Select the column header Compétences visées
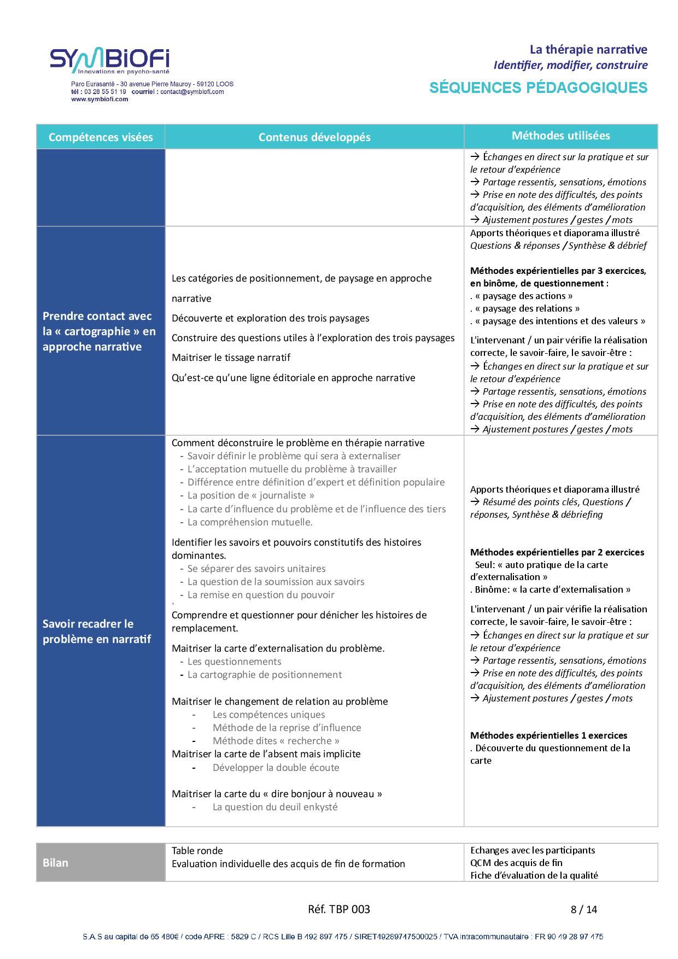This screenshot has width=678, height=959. click(x=101, y=137)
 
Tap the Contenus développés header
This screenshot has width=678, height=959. click(x=314, y=137)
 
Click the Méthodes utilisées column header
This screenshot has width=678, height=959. click(x=560, y=136)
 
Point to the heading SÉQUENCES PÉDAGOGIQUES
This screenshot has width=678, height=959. click(x=538, y=87)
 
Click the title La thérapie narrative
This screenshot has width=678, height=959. click(x=588, y=50)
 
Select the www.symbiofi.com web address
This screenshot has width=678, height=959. click(x=100, y=100)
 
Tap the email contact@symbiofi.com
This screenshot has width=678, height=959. click(x=192, y=92)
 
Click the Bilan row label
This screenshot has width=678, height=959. click(x=55, y=863)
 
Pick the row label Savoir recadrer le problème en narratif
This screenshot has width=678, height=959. click(x=97, y=631)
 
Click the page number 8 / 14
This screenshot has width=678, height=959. click(x=583, y=910)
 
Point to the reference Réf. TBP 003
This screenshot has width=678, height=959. click(x=339, y=910)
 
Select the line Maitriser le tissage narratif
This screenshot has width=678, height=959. click(x=231, y=358)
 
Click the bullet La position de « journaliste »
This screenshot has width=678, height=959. click(x=250, y=495)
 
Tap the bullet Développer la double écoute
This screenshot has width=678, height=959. click(x=276, y=768)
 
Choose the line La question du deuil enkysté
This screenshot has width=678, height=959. click(x=274, y=807)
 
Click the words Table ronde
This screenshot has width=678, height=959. click(x=197, y=851)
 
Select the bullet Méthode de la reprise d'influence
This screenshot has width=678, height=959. click(x=287, y=728)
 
